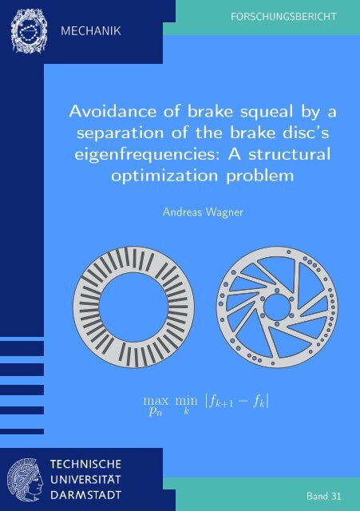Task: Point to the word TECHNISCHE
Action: pos(93,464)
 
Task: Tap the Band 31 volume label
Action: pos(322,497)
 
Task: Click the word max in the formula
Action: pos(149,398)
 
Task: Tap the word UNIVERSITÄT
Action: pos(93,479)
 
